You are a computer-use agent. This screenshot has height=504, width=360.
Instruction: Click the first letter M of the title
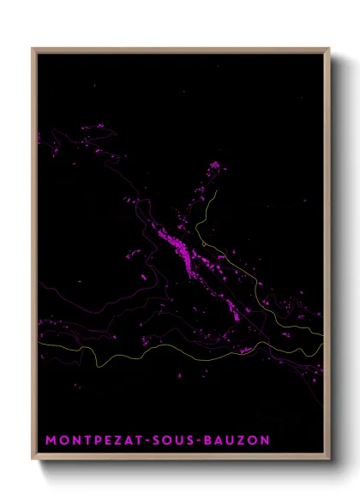[x=50, y=440]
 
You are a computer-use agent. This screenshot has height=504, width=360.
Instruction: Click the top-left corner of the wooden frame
[x=33, y=48]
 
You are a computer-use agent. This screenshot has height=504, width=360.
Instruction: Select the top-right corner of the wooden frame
[x=330, y=48]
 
